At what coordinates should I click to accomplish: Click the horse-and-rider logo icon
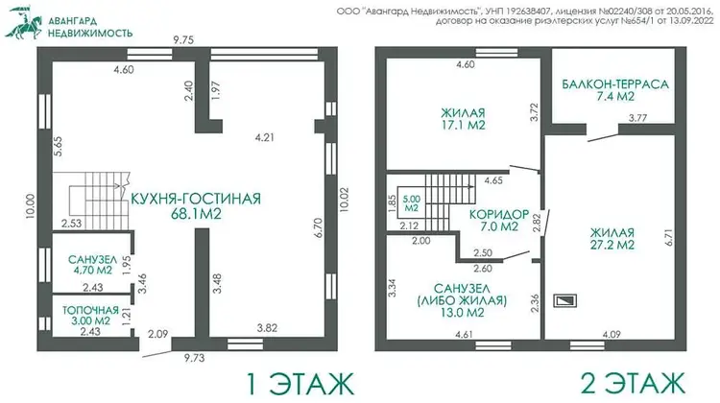coord(24,23)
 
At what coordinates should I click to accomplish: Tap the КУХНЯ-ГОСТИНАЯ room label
coord(196,205)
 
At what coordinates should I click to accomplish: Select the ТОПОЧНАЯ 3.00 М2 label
coord(90,316)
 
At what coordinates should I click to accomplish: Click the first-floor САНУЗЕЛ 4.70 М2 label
coord(93,265)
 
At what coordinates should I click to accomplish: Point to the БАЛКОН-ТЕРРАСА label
coord(615,90)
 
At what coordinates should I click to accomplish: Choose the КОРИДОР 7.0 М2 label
coord(499,220)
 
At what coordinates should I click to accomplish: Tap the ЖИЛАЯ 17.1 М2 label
coord(463,119)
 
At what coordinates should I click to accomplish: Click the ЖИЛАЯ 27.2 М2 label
coord(612,239)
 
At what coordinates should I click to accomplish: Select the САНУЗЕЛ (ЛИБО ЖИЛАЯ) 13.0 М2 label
coord(462,300)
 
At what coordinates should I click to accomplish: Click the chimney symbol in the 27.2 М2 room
coord(564,300)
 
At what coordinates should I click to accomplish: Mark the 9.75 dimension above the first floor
coord(183,40)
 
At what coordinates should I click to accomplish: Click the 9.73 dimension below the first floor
coord(194,358)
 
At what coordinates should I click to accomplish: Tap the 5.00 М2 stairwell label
coord(412,203)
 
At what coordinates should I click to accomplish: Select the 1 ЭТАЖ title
coord(300,384)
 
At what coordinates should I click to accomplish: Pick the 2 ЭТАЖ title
coord(633,384)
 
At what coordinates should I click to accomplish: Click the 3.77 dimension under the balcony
coord(637,118)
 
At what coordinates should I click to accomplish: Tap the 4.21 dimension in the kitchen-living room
coord(265,137)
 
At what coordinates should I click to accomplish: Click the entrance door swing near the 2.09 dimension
coord(156,353)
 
